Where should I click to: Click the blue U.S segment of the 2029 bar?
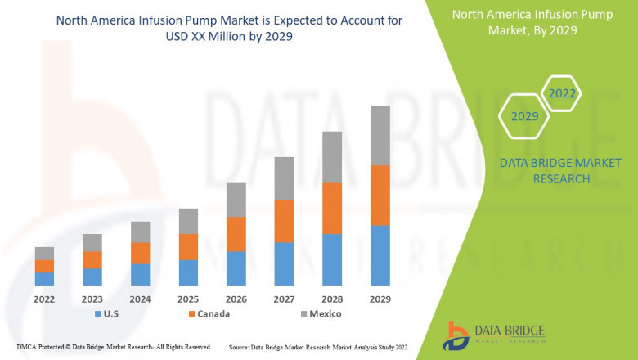[x=380, y=255]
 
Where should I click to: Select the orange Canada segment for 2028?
[x=332, y=209]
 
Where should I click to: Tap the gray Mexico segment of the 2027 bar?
[x=284, y=178]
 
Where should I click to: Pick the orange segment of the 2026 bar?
[x=236, y=234]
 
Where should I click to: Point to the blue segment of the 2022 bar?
[x=44, y=278]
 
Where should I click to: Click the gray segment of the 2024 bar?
[x=140, y=232]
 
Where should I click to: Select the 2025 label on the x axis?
[x=188, y=299]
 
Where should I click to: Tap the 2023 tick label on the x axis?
[x=92, y=299]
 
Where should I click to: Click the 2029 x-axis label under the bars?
[x=380, y=299]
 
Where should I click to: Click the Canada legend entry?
[x=209, y=313]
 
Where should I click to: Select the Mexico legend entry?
[x=319, y=313]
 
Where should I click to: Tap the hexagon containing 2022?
[x=562, y=93]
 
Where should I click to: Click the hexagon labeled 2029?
[x=524, y=117]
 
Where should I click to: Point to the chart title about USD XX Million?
[x=229, y=29]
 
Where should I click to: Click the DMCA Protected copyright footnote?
[x=114, y=347]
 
